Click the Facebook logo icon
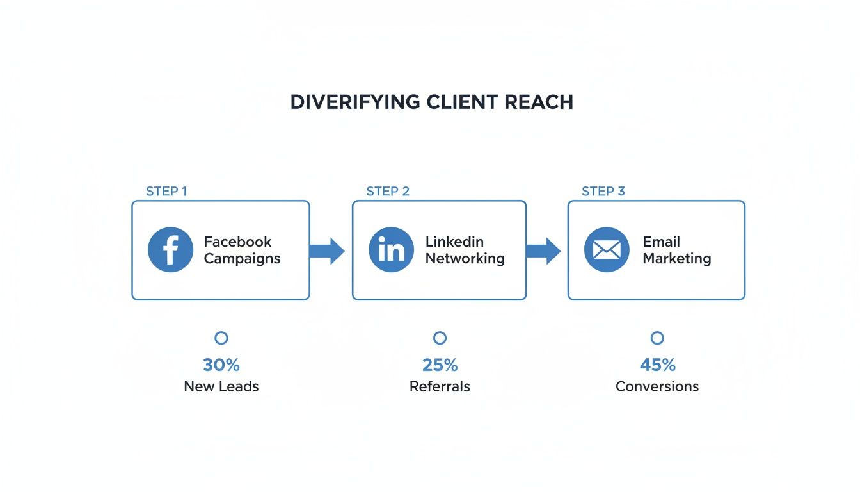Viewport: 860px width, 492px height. (170, 250)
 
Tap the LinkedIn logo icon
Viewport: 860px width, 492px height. (391, 250)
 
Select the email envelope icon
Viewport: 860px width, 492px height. (607, 250)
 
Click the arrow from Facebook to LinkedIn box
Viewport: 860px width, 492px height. (327, 250)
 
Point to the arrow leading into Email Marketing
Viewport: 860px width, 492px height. (543, 250)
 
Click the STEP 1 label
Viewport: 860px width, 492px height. (166, 191)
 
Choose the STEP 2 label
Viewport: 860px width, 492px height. (388, 191)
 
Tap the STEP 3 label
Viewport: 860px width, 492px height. (603, 191)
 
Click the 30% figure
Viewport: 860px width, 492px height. (221, 365)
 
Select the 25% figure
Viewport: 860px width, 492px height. (440, 365)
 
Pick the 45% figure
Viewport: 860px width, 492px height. (657, 365)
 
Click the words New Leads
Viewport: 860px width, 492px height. (221, 386)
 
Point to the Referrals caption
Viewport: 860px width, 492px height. (440, 386)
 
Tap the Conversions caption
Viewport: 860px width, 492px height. (657, 386)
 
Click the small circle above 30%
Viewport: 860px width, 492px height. (221, 338)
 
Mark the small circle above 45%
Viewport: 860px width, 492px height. (657, 338)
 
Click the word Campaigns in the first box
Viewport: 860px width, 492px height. (242, 259)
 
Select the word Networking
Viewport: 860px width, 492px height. (465, 259)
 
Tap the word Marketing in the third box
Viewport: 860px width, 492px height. (677, 259)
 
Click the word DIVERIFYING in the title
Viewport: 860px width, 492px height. (355, 102)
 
